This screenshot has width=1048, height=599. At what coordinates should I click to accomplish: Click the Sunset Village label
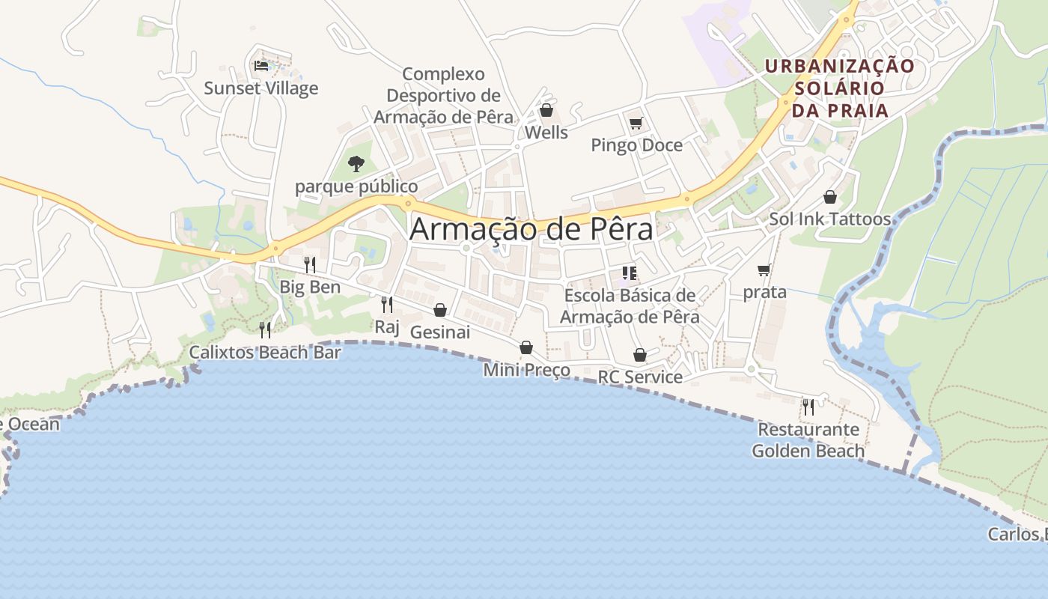pyautogui.click(x=261, y=88)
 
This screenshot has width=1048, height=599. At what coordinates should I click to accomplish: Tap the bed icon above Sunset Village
pyautogui.click(x=261, y=66)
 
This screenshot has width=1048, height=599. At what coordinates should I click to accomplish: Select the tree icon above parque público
pyautogui.click(x=356, y=163)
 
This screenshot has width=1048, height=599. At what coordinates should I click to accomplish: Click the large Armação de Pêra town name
pyautogui.click(x=531, y=229)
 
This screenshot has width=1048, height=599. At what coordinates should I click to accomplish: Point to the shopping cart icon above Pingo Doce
pyautogui.click(x=636, y=123)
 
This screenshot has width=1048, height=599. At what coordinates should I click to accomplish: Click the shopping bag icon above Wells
pyautogui.click(x=546, y=111)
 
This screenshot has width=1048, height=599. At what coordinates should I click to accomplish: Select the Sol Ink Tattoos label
pyautogui.click(x=830, y=219)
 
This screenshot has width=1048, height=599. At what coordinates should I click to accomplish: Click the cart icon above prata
pyautogui.click(x=764, y=270)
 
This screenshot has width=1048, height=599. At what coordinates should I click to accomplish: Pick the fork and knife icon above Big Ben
pyautogui.click(x=310, y=264)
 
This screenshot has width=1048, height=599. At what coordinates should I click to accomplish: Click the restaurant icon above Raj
pyautogui.click(x=387, y=304)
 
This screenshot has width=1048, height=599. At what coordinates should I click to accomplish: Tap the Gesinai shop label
pyautogui.click(x=440, y=332)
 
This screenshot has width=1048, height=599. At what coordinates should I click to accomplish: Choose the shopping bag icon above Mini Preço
pyautogui.click(x=526, y=347)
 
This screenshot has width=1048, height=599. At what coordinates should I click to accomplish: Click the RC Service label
pyautogui.click(x=640, y=377)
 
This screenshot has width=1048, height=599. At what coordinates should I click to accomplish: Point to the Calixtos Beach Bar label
pyautogui.click(x=265, y=352)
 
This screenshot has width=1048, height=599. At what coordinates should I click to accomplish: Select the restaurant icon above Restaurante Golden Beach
pyautogui.click(x=808, y=407)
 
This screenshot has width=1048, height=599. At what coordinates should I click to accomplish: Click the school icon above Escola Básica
pyautogui.click(x=630, y=273)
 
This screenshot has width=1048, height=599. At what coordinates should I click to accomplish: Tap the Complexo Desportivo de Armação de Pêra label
pyautogui.click(x=443, y=96)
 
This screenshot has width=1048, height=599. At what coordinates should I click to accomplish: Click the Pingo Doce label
pyautogui.click(x=637, y=145)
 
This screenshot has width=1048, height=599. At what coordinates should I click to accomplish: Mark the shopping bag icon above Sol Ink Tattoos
pyautogui.click(x=830, y=197)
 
